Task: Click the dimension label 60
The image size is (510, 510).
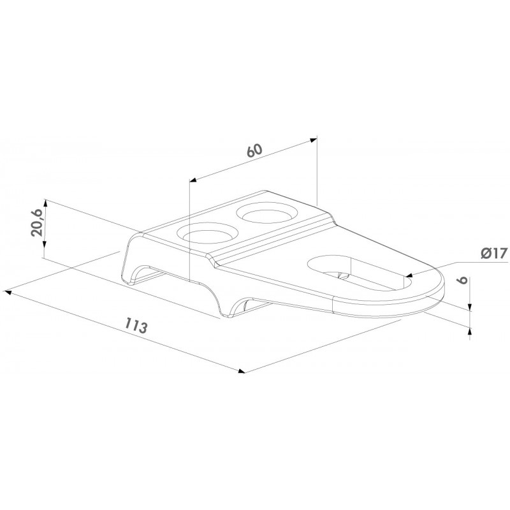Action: pyautogui.click(x=254, y=150)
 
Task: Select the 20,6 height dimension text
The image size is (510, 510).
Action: pyautogui.click(x=36, y=222)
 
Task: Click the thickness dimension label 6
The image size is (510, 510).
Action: pyautogui.click(x=463, y=279)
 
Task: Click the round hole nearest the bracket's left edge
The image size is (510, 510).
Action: pyautogui.click(x=208, y=233)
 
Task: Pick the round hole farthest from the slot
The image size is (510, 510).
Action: pyautogui.click(x=266, y=212)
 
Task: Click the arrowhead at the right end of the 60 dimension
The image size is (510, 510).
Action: pyautogui.click(x=313, y=140)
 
